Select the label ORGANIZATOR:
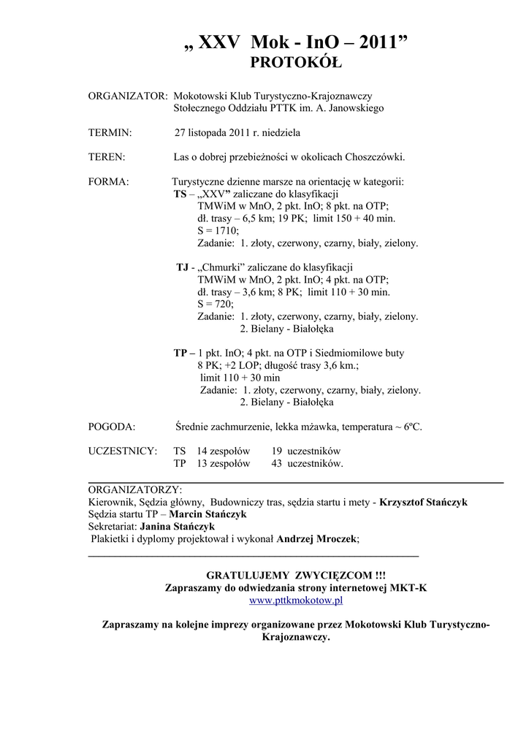(x=128, y=96)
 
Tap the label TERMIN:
(x=110, y=133)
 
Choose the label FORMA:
(x=109, y=181)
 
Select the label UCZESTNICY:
(x=123, y=451)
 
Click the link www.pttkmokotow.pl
(x=296, y=600)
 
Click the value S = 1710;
(x=218, y=230)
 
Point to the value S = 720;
(x=215, y=304)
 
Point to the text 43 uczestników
(x=307, y=463)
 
